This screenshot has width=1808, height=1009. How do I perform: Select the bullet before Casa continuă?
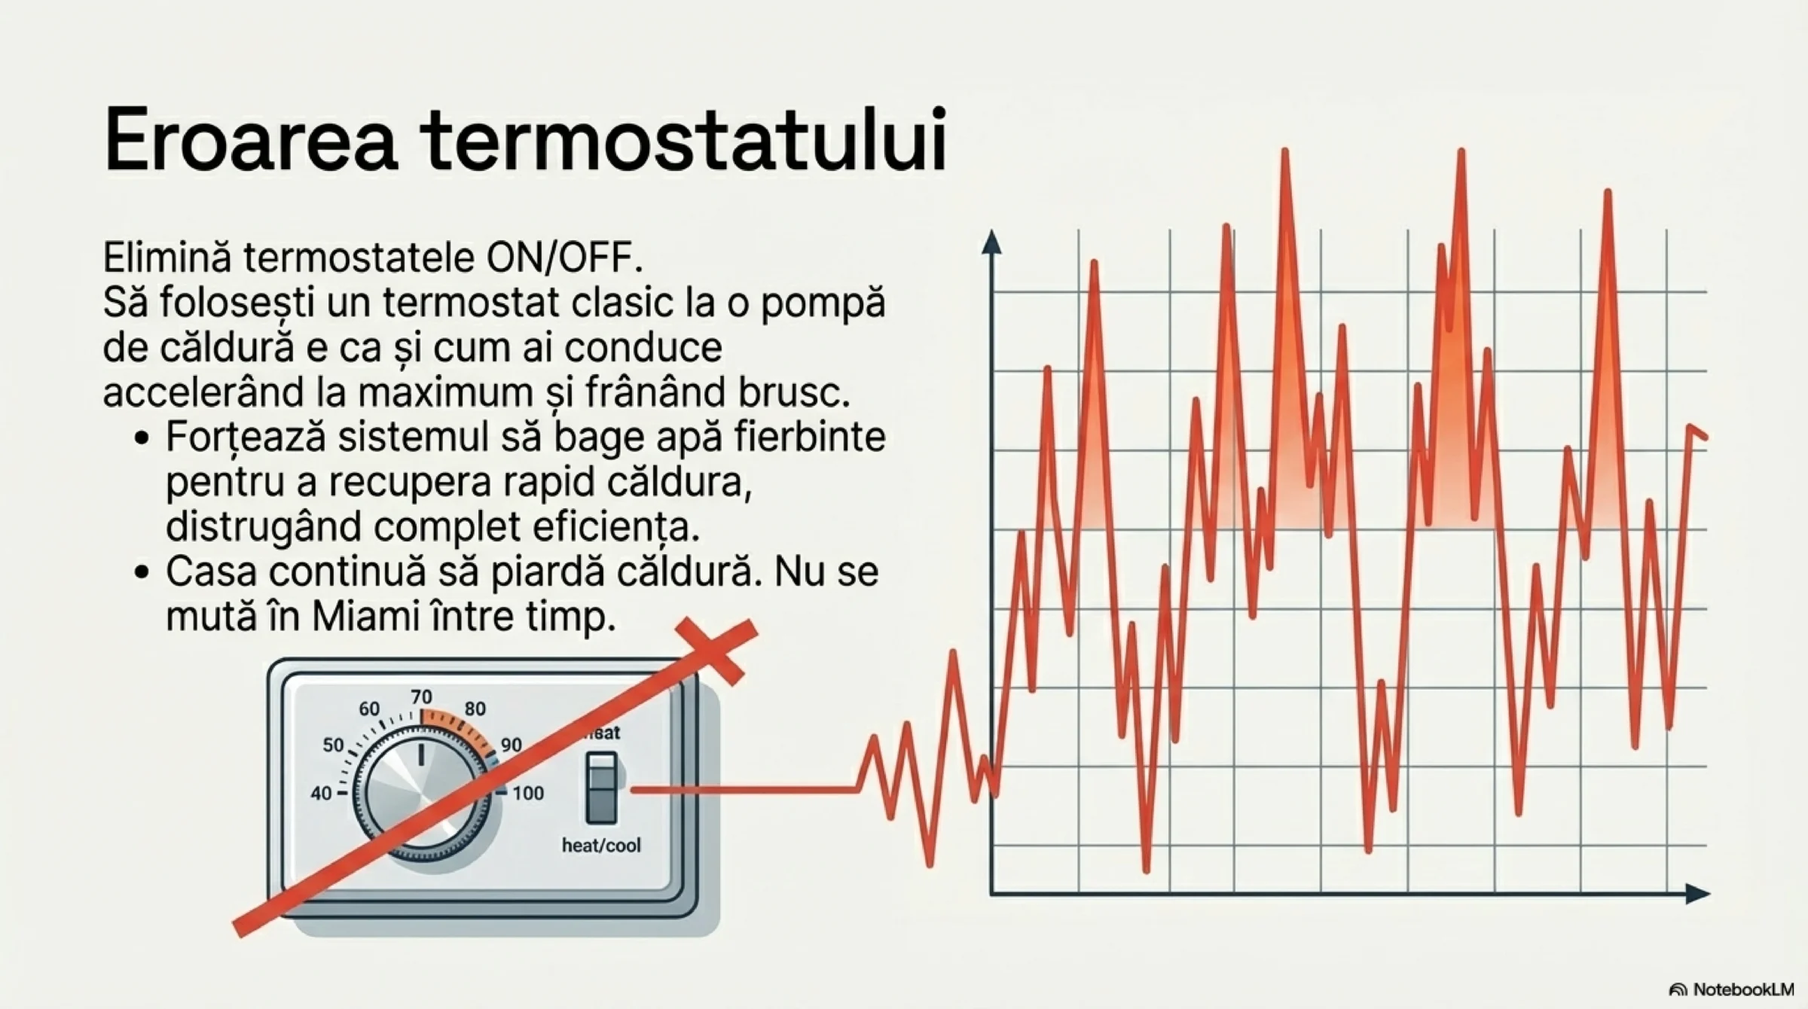141,573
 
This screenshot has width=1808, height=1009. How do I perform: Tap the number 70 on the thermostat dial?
421,697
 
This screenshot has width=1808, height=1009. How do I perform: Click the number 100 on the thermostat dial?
528,793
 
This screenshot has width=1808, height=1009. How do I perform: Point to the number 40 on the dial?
322,794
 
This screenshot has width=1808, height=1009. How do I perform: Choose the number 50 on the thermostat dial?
333,745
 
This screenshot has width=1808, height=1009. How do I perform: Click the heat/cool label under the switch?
601,846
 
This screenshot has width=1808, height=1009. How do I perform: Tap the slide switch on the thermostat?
601,788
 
